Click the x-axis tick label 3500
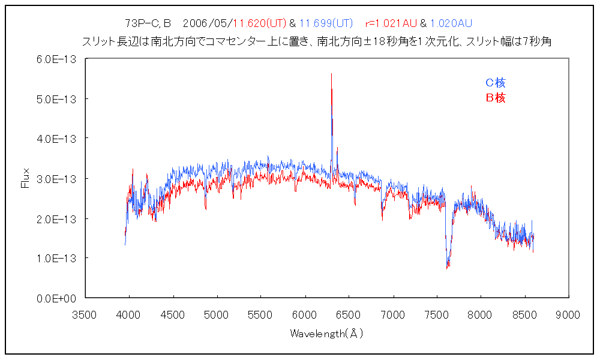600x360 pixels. pos(85,314)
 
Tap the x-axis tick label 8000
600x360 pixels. pos(480,314)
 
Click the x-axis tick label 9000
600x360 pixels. pos(568,314)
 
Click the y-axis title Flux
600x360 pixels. pos(25,178)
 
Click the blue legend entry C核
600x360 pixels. pos(496,83)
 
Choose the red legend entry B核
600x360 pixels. pos(496,98)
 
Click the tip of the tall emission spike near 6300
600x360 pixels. pos(331,74)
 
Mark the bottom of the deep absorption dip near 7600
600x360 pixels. pos(448,268)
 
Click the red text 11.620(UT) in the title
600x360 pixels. pos(260,23)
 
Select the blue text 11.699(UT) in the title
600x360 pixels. pos(326,23)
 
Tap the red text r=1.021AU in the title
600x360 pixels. pos(391,23)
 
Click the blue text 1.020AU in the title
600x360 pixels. pos(451,23)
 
